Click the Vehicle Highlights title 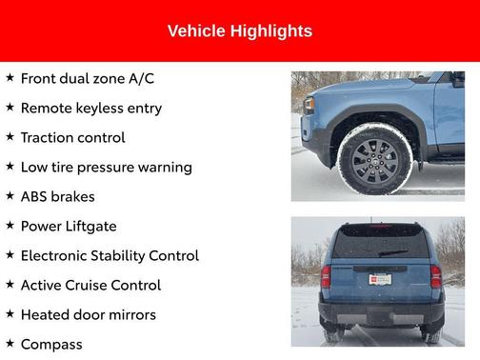(239, 31)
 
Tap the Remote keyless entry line (90, 108)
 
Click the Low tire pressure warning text (106, 167)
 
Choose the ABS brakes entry (61, 196)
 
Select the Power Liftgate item (68, 226)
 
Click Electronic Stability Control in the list (109, 255)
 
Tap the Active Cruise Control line (90, 285)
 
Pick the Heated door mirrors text (88, 314)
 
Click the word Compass (51, 344)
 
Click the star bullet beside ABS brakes (10, 196)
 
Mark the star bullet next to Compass (10, 343)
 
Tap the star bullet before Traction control (10, 137)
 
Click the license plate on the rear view (380, 280)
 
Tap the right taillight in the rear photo (435, 276)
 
